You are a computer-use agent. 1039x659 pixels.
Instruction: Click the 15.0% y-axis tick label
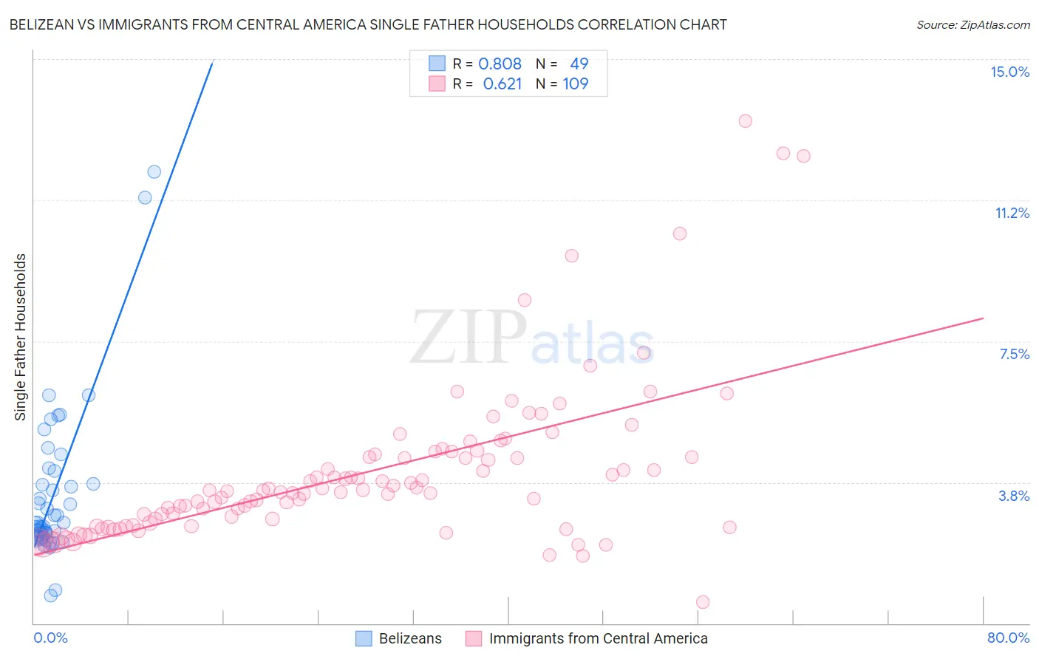[x=1009, y=72]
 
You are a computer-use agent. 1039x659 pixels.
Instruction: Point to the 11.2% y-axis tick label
[x=1012, y=213]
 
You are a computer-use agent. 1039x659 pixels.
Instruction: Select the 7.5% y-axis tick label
[x=1014, y=354]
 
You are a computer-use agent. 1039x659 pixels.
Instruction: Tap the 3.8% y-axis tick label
[x=1014, y=496]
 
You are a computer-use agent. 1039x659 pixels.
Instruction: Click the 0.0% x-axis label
[x=50, y=638]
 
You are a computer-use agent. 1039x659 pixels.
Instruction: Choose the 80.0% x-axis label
[x=1008, y=638]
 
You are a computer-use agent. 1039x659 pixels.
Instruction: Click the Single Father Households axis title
[x=21, y=337]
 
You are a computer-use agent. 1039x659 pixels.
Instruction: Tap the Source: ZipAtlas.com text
[x=972, y=24]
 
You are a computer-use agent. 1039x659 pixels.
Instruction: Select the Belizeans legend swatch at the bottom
[x=364, y=638]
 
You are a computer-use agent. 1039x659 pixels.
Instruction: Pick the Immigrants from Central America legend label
[x=598, y=638]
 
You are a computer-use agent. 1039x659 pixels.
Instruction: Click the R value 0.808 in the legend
[x=500, y=64]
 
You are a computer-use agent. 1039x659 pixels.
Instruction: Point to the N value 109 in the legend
[x=576, y=84]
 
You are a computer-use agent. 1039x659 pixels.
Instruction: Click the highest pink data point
[x=745, y=121]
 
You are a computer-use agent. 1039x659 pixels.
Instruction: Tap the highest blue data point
[x=154, y=172]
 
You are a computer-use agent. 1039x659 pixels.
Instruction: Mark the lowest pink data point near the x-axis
[x=703, y=602]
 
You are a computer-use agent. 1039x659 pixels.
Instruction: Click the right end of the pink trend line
[x=983, y=318]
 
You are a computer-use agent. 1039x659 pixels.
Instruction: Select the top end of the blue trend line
[x=213, y=62]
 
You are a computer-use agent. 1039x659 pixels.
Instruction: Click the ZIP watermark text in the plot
[x=469, y=337]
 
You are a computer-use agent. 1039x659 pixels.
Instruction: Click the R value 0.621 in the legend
[x=502, y=84]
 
